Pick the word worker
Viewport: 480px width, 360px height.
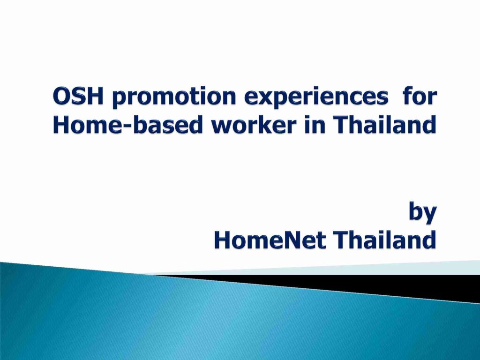(254, 125)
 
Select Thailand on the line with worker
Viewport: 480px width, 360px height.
(384, 125)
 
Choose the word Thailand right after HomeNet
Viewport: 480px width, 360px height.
(385, 240)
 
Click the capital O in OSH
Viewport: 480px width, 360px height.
(61, 97)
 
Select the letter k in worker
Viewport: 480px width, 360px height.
(266, 125)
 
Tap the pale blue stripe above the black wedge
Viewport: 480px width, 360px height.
(337, 269)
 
